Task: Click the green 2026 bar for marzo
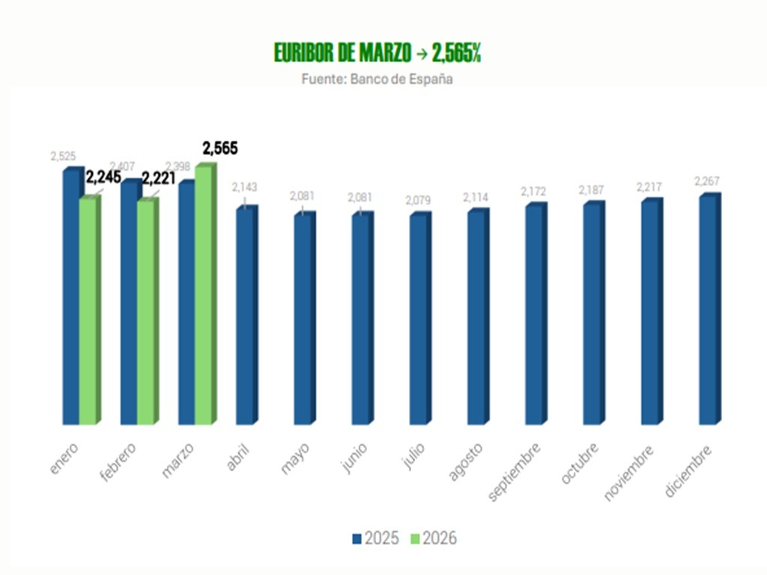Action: [204, 296]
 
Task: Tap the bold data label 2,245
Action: [103, 177]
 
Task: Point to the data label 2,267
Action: [706, 181]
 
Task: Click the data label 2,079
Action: [418, 200]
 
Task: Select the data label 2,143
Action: [245, 186]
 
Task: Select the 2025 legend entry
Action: [375, 538]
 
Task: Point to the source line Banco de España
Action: [377, 78]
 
